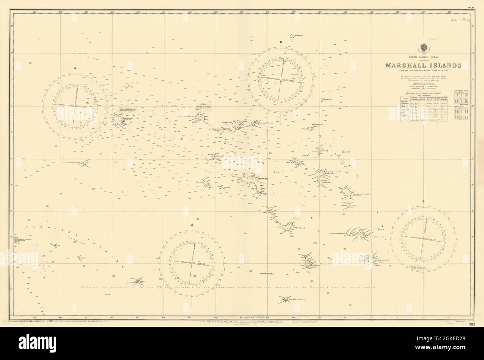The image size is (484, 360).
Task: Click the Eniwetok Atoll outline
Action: [120, 120]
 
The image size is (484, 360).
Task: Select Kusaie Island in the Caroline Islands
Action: [138, 280]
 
